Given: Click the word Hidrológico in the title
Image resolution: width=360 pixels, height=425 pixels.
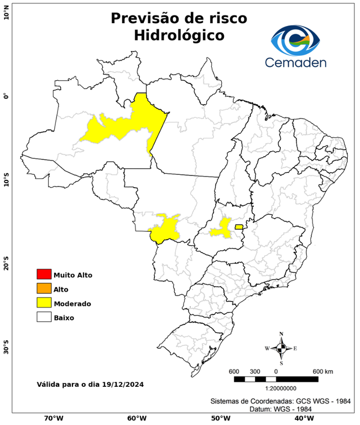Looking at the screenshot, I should pos(179,35).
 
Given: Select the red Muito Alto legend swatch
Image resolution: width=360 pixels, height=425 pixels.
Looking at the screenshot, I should pos(44,274).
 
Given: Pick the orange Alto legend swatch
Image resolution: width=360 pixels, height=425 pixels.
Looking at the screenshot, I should pos(44,289).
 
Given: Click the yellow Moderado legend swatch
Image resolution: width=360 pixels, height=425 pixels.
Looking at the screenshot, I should pos(44,303).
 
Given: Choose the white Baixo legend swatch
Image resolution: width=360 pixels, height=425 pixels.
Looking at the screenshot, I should pos(44,318).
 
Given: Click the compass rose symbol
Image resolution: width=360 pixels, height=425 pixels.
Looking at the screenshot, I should pos(281,348).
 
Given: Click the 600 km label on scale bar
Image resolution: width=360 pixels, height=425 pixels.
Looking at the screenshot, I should pos(322,371).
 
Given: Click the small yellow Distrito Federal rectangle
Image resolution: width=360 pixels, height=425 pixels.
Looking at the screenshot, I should pos(239,227).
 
